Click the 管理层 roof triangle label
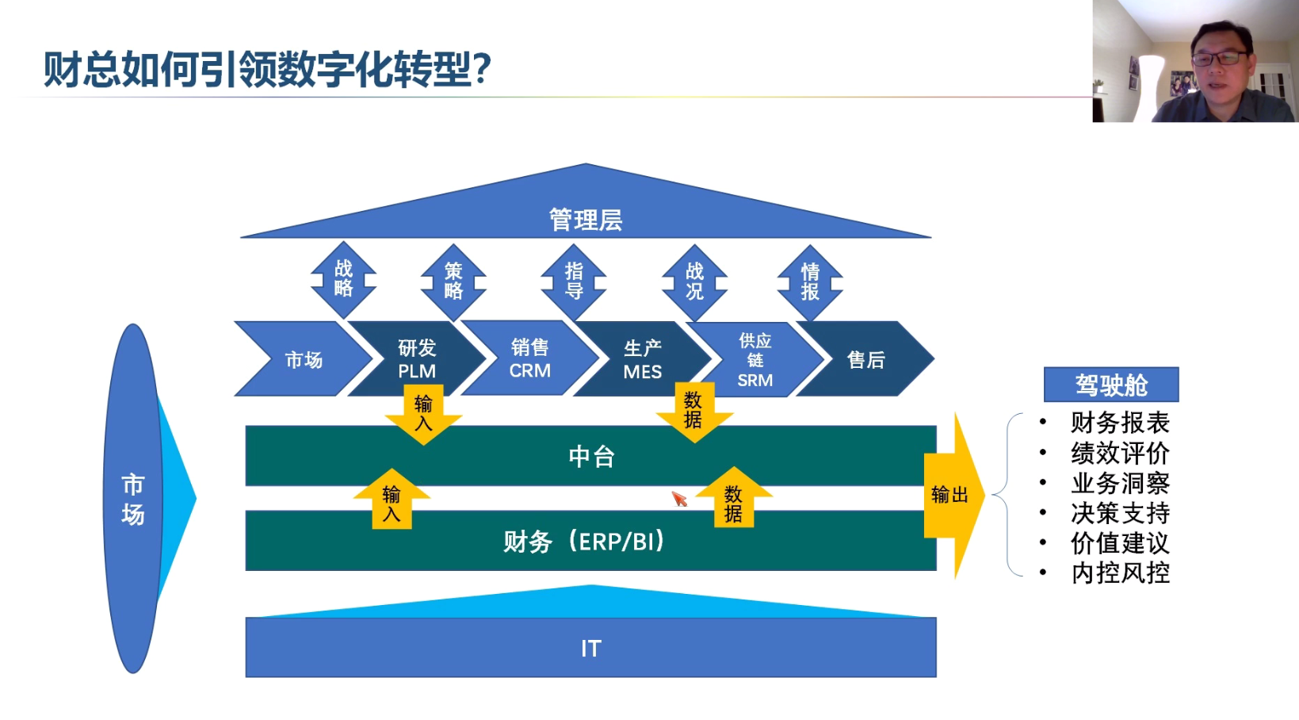coord(586,220)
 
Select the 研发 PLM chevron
coord(417,358)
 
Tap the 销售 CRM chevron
coord(530,358)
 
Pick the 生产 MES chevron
coord(643,359)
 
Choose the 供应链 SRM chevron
coord(755,359)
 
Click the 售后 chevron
coord(865,359)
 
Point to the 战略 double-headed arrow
coord(343,279)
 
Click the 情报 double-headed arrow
coord(810,282)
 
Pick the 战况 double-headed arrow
coord(695,282)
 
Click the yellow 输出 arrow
coord(954,496)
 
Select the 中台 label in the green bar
coord(591,457)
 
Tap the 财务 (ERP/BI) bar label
coord(583,542)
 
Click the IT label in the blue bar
coord(591,648)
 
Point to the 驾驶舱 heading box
coord(1111,384)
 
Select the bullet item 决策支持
coord(1120,513)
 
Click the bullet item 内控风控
coord(1120,573)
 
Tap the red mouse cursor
coord(680,499)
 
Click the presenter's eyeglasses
coord(1218,58)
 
